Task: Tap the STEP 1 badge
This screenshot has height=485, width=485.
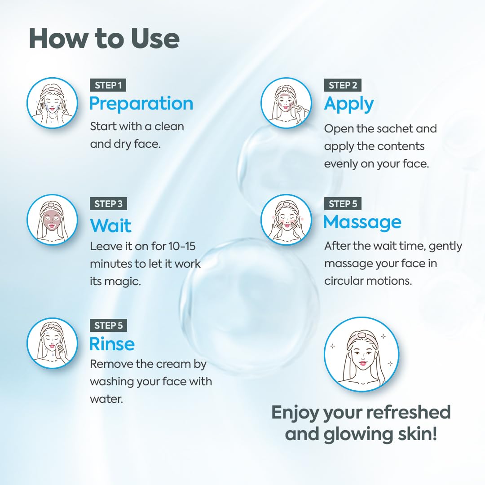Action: click(108, 85)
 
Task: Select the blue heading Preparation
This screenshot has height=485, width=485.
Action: click(141, 103)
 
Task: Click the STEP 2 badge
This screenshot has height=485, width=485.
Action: click(343, 85)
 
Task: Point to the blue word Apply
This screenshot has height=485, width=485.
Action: click(349, 104)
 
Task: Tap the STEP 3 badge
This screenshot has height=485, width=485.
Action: click(108, 203)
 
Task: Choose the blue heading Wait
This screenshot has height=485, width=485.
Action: click(110, 225)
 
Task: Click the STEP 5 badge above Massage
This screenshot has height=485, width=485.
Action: click(343, 203)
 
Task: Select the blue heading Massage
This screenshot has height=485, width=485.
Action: click(362, 222)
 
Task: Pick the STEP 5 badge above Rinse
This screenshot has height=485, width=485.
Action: click(108, 325)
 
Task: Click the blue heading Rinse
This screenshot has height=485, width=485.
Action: click(112, 344)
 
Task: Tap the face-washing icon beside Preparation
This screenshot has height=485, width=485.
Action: click(53, 103)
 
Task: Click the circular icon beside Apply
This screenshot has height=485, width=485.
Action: click(287, 103)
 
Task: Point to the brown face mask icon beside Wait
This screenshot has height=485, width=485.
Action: click(53, 220)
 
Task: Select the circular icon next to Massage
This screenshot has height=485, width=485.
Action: click(287, 220)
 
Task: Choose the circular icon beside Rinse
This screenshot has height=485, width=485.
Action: click(53, 343)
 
